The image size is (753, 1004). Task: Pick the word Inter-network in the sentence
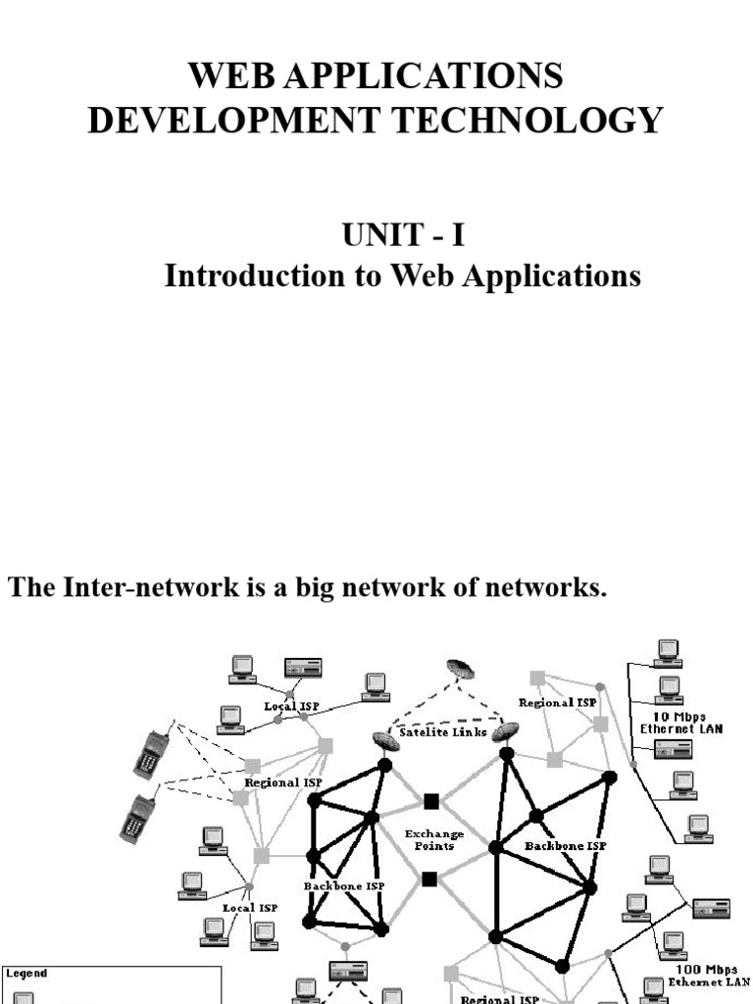point(136,588)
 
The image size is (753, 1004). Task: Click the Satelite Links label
point(442,732)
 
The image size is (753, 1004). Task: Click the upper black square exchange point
point(430,800)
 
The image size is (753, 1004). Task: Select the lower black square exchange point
point(429,878)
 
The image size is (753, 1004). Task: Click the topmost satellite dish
point(460,669)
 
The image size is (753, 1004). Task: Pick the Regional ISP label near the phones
point(283,782)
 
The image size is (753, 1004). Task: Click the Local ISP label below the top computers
point(292,706)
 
